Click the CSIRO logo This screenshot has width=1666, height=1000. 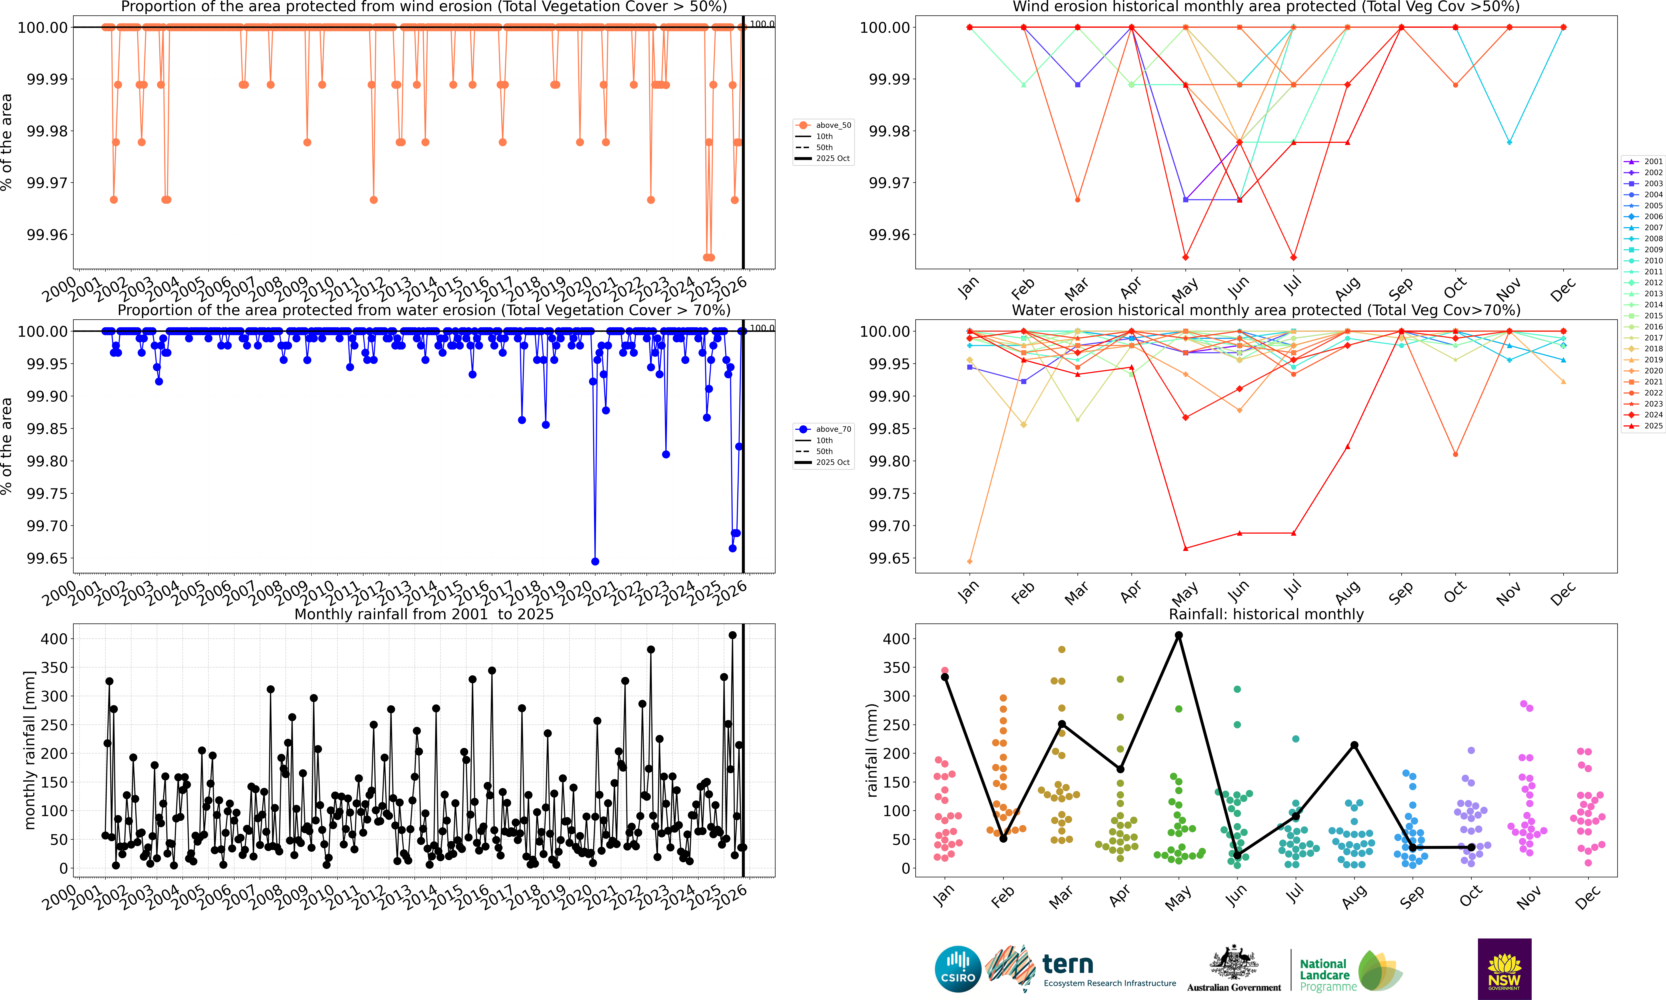[957, 969]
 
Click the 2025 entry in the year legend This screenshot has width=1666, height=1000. [1644, 426]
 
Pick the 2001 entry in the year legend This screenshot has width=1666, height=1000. [1644, 162]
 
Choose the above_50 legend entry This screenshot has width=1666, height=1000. [825, 125]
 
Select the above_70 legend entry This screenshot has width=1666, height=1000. [825, 429]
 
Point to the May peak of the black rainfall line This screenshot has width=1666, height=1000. [1178, 635]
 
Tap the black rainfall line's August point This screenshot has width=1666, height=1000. [1354, 745]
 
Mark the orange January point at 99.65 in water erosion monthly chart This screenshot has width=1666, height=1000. [969, 561]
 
